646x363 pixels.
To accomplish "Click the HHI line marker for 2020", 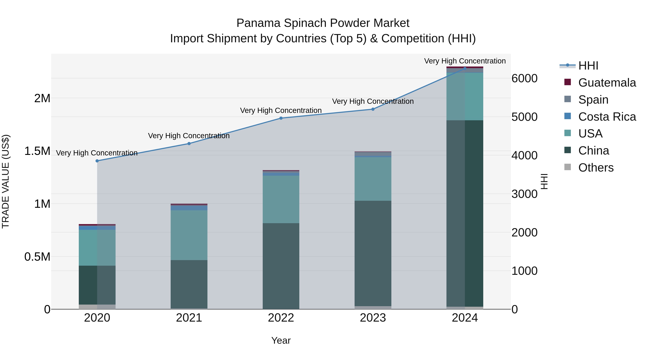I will pyautogui.click(x=97, y=161).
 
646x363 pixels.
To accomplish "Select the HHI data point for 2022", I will pyautogui.click(x=281, y=118).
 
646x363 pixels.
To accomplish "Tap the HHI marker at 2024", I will pyautogui.click(x=465, y=68).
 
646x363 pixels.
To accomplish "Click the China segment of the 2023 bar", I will pyautogui.click(x=373, y=253).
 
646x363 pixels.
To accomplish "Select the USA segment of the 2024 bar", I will pyautogui.click(x=465, y=96).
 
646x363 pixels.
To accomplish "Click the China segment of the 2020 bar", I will pyautogui.click(x=97, y=285).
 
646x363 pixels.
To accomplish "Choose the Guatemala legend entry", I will pyautogui.click(x=607, y=83).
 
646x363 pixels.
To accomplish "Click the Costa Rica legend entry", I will pyautogui.click(x=607, y=117).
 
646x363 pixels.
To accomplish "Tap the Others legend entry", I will pyautogui.click(x=596, y=168).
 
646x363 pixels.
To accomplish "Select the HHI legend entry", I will pyautogui.click(x=588, y=66).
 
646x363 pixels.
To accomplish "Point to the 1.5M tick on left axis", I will pyautogui.click(x=37, y=151).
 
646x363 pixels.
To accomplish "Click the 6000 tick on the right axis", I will pyautogui.click(x=524, y=78).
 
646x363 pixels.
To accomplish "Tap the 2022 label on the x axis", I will pyautogui.click(x=281, y=318).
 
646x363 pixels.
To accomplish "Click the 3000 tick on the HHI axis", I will pyautogui.click(x=524, y=194).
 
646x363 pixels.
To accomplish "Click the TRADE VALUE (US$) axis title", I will pyautogui.click(x=6, y=181).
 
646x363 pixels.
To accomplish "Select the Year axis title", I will pyautogui.click(x=281, y=340).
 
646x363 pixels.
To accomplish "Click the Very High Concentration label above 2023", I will pyautogui.click(x=373, y=101).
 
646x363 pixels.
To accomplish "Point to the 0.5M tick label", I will pyautogui.click(x=37, y=257).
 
